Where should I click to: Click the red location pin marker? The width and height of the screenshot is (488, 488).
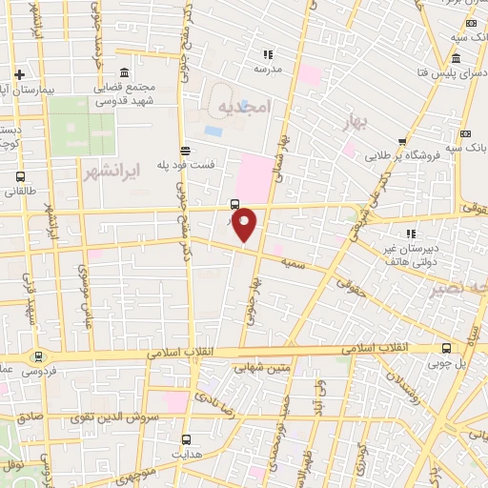coord(245,224)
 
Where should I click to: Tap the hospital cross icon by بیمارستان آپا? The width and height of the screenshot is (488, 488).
coord(19,73)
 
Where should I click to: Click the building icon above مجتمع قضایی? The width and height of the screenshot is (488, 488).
coord(125,73)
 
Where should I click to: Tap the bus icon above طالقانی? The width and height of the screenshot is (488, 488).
coord(21,176)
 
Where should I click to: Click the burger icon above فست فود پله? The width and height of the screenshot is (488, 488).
coord(185,150)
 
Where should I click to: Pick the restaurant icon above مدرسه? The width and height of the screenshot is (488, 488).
coord(268,54)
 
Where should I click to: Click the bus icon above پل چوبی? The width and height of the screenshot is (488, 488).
coord(446,348)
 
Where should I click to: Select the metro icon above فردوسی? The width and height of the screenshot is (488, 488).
coord(38,357)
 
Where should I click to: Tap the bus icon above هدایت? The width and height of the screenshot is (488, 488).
coord(186,440)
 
